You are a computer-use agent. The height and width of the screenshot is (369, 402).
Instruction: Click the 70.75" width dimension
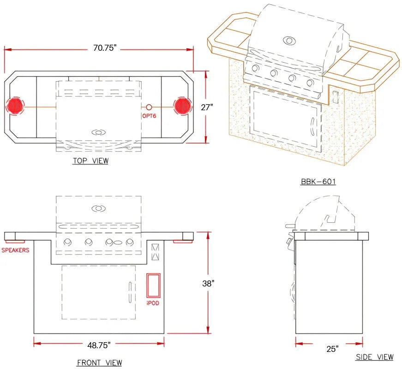pos(105,48)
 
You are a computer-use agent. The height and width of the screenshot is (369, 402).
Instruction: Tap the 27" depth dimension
pos(207,107)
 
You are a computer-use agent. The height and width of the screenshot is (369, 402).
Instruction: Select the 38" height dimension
pos(208,283)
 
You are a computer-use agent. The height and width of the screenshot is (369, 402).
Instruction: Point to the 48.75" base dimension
pos(99,345)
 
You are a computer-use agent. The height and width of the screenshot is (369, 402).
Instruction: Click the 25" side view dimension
pos(332,349)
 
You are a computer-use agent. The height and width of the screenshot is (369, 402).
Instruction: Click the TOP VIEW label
pos(90,161)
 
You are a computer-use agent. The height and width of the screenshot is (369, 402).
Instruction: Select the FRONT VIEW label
pos(100,363)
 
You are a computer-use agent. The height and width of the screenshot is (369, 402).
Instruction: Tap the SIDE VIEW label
pos(375,357)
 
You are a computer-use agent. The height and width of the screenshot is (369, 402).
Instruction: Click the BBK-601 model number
pos(318,181)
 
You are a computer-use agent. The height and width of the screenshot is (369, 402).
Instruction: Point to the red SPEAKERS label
pos(15,250)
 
